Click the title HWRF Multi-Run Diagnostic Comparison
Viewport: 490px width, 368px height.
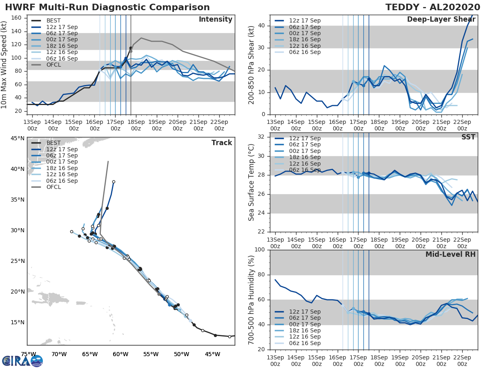pyautogui.click(x=107, y=7)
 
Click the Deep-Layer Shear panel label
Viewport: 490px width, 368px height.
pyautogui.click(x=441, y=20)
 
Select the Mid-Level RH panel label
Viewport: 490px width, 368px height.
pyautogui.click(x=450, y=254)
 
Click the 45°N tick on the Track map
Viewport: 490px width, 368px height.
pyautogui.click(x=18, y=138)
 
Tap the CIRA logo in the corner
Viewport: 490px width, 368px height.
pyautogui.click(x=22, y=361)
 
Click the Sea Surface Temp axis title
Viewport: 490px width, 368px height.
pyautogui.click(x=252, y=182)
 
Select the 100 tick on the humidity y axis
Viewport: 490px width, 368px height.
pyautogui.click(x=259, y=250)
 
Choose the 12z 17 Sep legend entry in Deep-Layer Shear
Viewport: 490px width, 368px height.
pyautogui.click(x=305, y=21)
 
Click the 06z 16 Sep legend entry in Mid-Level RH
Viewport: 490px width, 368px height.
pyautogui.click(x=305, y=343)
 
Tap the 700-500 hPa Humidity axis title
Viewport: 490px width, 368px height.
pyautogui.click(x=252, y=299)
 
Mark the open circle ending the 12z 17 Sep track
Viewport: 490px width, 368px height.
pyautogui.click(x=114, y=182)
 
